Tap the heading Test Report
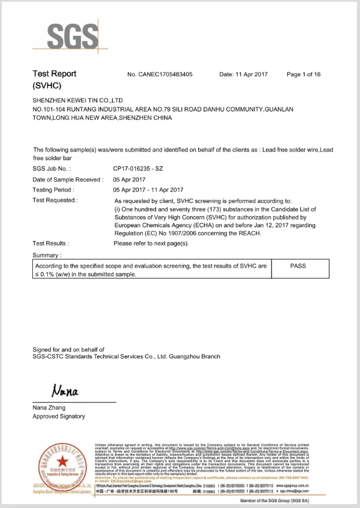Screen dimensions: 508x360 54,74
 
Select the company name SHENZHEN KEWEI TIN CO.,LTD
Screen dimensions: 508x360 78,101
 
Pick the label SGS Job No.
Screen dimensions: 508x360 52,169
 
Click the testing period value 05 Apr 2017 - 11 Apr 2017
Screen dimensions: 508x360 149,190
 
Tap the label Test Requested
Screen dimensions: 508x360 55,200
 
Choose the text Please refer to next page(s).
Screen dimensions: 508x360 151,243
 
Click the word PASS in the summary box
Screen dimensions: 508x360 298,266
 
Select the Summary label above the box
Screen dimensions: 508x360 47,255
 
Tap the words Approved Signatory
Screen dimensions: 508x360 59,416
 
